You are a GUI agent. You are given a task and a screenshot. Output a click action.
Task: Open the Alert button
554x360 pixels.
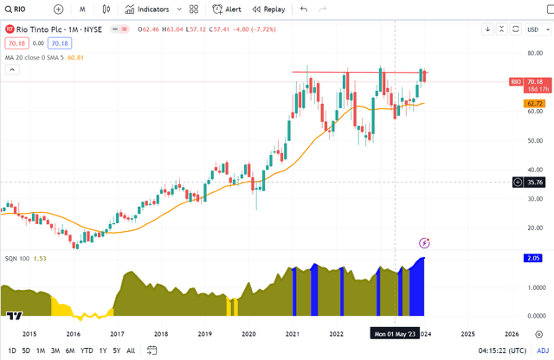coord(228,10)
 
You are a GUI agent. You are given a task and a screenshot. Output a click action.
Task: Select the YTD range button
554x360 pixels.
coord(87,350)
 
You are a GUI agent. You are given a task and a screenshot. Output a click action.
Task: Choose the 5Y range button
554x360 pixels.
coord(117,350)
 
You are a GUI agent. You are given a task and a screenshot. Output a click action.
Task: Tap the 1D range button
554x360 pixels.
coord(12,350)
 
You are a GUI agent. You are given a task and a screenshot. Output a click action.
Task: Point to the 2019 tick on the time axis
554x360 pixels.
coord(204,333)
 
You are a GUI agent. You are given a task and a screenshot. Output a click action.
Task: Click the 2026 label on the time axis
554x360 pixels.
coord(512,333)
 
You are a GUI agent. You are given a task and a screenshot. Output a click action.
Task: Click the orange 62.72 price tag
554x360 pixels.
coord(533,104)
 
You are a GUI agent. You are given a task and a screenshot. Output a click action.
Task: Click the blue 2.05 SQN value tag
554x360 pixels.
coord(533,258)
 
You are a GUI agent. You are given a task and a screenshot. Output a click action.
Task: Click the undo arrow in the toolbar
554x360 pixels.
coord(303,10)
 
